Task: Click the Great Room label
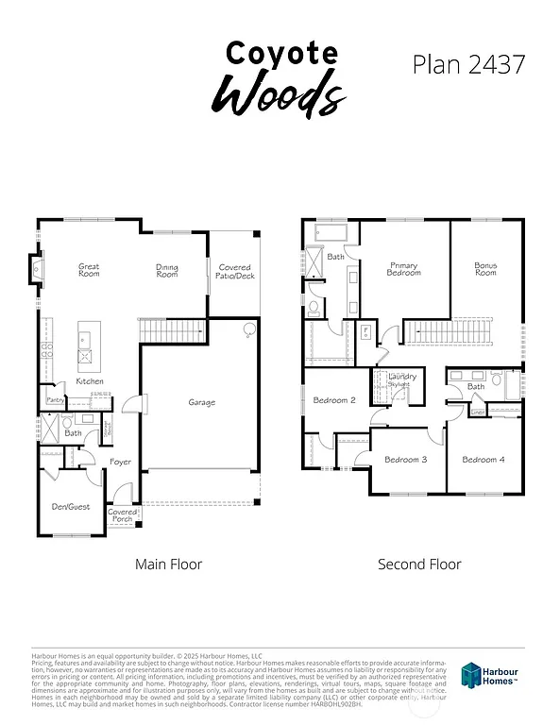(89, 270)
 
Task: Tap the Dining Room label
(167, 270)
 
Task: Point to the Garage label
(201, 403)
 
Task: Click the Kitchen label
(90, 381)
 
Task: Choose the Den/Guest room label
(71, 507)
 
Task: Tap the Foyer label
(120, 462)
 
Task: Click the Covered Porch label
(123, 515)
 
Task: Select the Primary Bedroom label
(403, 269)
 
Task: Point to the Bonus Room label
(485, 269)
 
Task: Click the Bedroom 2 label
(334, 400)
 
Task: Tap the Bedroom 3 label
(406, 460)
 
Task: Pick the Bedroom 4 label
(483, 460)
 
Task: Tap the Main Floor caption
(168, 565)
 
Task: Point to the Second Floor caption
(419, 565)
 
